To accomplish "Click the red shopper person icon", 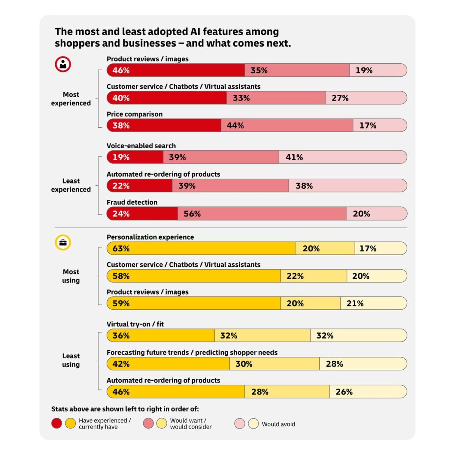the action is point(63,64).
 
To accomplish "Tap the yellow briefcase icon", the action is point(63,243).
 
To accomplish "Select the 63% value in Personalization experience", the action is point(121,248).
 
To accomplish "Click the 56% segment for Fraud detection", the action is point(262,214).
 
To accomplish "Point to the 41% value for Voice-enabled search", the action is point(294,157).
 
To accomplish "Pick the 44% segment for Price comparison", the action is point(287,126).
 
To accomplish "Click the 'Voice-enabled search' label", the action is point(141,146).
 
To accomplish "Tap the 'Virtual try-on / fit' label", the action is point(135,324).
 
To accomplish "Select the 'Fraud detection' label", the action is point(132,202).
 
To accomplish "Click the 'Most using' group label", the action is point(71,276).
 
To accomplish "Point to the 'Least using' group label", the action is point(71,360).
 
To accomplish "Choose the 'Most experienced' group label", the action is point(71,99).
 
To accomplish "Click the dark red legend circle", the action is point(56,424).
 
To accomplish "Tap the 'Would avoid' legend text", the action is point(278,424).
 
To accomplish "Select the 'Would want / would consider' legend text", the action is point(191,424).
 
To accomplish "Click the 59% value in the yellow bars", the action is point(121,303).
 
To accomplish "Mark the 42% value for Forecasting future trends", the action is point(121,364).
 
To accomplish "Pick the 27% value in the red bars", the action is point(340,98).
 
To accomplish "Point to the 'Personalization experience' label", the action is point(150,237).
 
